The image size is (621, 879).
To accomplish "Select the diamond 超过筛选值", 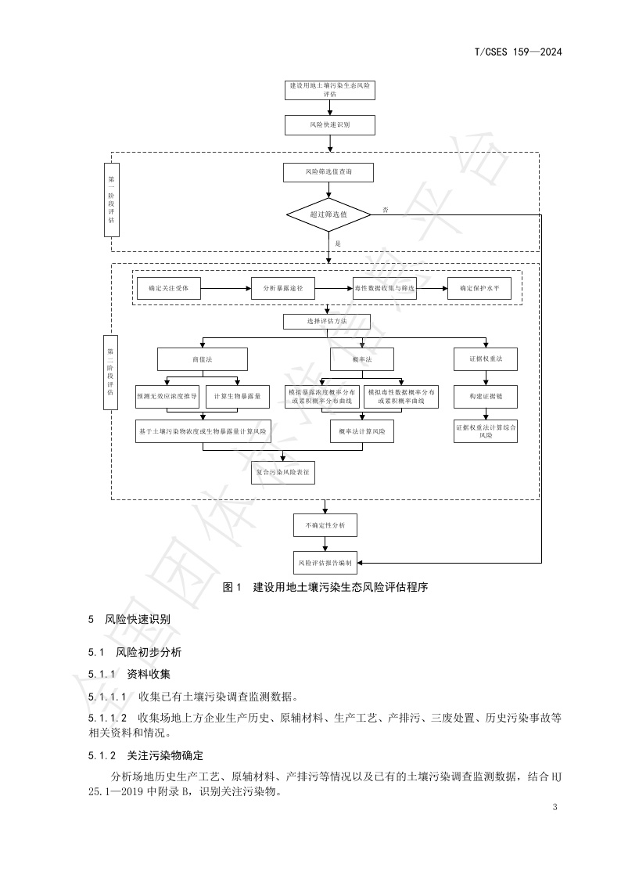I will (x=329, y=214).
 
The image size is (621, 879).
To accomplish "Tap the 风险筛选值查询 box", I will (x=329, y=171).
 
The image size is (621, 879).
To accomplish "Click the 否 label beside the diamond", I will (x=386, y=210).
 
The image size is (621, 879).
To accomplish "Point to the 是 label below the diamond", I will (x=338, y=243).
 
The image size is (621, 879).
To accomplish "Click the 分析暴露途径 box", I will (x=283, y=289).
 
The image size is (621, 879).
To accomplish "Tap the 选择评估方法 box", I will (x=326, y=322).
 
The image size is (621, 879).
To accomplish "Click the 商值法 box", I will (x=203, y=358).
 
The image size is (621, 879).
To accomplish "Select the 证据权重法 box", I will (x=486, y=358).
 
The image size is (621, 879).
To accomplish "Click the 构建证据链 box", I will (x=486, y=397).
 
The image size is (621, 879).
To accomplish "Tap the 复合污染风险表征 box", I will (x=283, y=472).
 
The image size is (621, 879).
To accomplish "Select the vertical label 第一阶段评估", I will (x=111, y=199).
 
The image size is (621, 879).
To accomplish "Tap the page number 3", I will (x=554, y=807).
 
